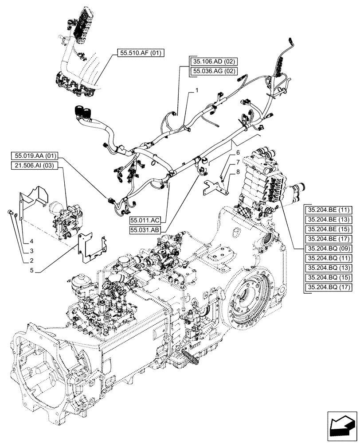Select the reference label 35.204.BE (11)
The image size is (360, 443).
point(329,210)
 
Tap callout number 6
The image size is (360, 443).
point(238,153)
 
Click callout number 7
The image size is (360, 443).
point(238,162)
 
